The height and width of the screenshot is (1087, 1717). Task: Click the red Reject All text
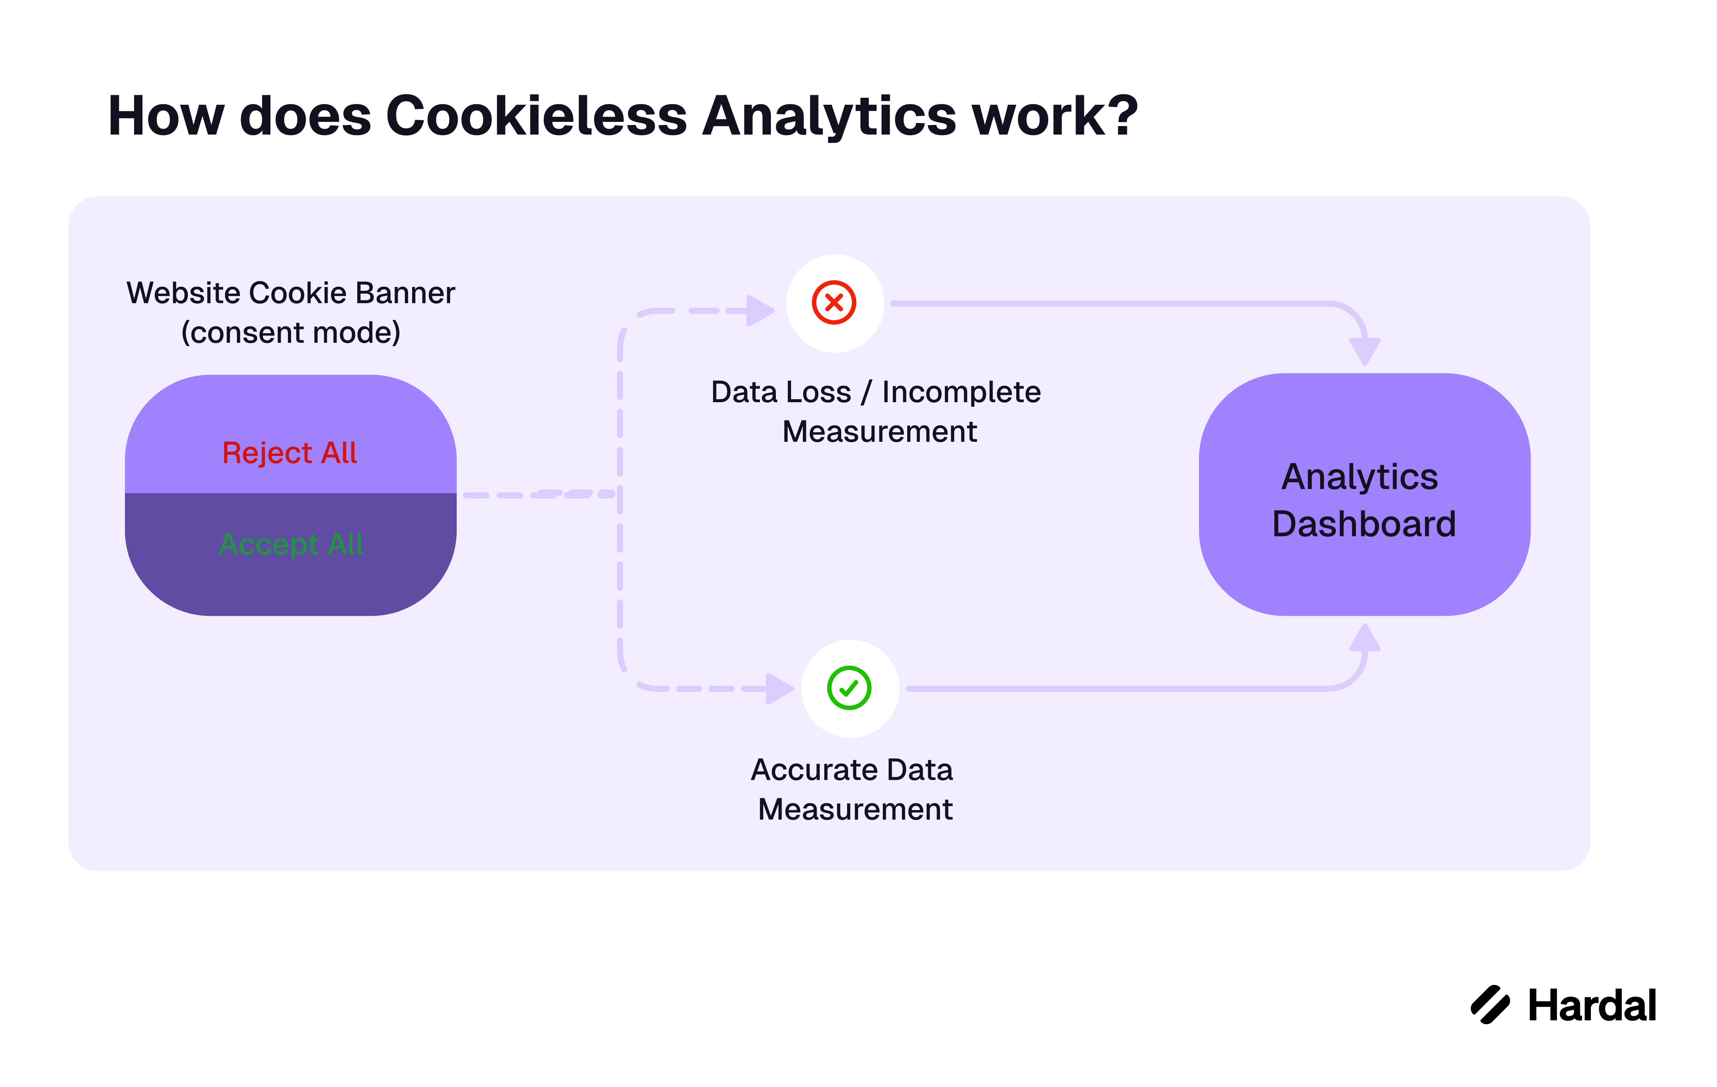click(289, 453)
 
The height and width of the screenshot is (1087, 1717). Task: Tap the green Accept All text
click(291, 544)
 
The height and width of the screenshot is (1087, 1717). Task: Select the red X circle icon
click(833, 303)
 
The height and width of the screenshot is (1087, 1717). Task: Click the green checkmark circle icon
click(849, 688)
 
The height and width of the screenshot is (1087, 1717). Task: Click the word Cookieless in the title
click(536, 116)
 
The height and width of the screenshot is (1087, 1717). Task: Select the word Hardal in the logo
click(1592, 1006)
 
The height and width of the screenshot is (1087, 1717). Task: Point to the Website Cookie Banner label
click(291, 293)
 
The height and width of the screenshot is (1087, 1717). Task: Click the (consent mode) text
click(291, 332)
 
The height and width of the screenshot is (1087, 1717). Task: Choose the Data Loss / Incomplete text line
click(876, 392)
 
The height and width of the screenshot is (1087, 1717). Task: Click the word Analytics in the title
click(829, 116)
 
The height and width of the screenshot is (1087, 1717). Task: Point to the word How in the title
click(166, 116)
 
